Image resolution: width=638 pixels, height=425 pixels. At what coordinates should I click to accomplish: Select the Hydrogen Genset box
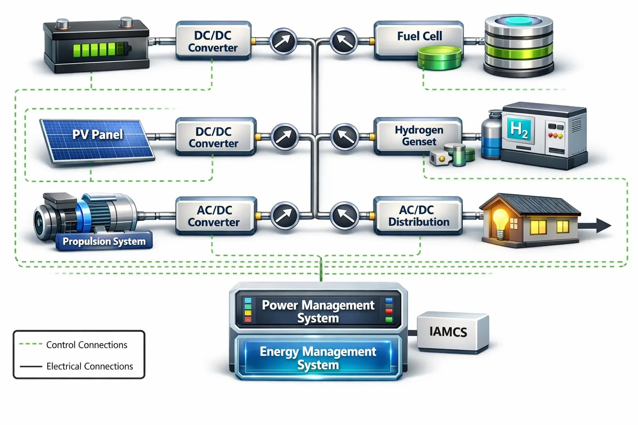pos(418,136)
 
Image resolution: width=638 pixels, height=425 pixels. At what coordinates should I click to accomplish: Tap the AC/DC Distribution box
pos(418,215)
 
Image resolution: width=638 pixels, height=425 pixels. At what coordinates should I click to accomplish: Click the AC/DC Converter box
pos(214,216)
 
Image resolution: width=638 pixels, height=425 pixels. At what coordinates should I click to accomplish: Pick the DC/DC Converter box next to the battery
pos(213,41)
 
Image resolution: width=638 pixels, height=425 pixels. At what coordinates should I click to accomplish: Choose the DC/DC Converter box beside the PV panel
pos(214,137)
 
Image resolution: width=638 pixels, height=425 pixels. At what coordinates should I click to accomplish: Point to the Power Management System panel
pos(318,311)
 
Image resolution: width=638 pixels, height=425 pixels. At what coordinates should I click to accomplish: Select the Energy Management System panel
pos(318,358)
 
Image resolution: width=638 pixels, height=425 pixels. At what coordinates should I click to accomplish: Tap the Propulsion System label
pos(104,242)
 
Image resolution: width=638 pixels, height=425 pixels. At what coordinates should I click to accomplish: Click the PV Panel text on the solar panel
pos(98,134)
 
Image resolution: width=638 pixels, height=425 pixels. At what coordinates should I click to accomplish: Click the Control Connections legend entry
pos(86,345)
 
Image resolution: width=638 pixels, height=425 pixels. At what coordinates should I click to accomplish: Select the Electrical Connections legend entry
pos(89,366)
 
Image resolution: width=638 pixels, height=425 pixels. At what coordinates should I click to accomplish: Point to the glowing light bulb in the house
pos(500,219)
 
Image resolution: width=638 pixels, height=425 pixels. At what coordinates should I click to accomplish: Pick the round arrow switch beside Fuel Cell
pos(344,41)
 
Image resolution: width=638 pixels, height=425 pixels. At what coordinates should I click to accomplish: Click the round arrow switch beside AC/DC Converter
pos(285,215)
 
